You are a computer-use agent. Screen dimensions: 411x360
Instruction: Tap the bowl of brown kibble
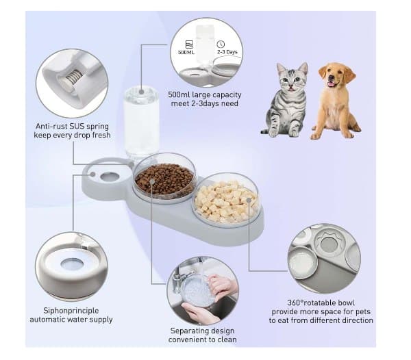[x=164, y=179]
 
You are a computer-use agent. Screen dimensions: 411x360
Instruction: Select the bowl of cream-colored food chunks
[x=225, y=201]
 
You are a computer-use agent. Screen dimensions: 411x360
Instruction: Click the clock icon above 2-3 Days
[x=221, y=44]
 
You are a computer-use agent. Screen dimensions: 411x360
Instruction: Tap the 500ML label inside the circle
[x=186, y=52]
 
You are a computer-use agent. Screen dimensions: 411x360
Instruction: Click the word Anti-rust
[x=51, y=126]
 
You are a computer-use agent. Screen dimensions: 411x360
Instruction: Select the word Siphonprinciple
[x=71, y=311]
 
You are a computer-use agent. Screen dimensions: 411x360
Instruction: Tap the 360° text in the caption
[x=295, y=303]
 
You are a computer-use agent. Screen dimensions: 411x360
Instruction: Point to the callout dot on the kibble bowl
[x=152, y=181]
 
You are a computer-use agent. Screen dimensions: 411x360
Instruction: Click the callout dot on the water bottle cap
[x=142, y=92]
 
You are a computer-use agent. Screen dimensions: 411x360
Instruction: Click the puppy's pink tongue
[x=332, y=83]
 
